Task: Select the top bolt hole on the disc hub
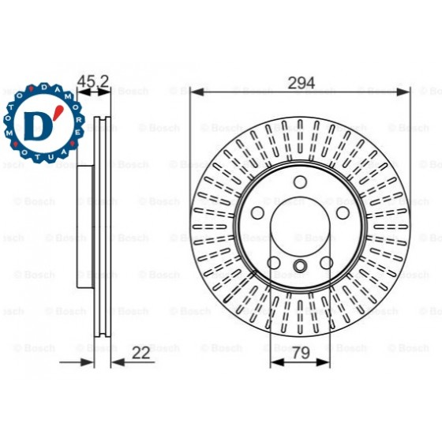coord(300,182)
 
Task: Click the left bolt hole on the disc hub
coord(258,214)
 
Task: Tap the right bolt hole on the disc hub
coord(342,214)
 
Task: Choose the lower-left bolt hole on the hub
coord(274,264)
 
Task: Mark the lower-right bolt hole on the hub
coord(326,264)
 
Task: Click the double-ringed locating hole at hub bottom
coord(300,266)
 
